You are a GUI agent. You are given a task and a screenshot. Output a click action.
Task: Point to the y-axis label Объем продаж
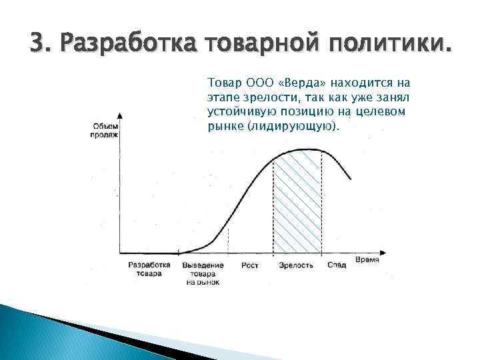pos(105,130)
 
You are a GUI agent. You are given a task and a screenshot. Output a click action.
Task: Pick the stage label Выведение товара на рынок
pos(203,273)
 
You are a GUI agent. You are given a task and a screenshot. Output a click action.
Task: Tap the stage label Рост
pos(250,265)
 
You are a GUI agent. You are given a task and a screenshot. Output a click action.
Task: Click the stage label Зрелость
pos(296,265)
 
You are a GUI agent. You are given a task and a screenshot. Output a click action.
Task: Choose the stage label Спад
pos(337,265)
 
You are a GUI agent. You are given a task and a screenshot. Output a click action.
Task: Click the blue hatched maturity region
pos(298,207)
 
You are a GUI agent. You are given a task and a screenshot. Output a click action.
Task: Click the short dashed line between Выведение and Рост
pos(229,240)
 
